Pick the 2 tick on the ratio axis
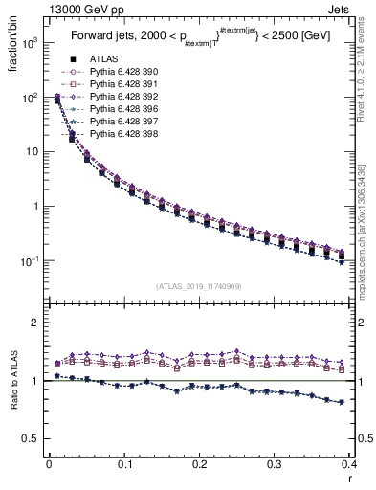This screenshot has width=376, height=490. tap(36, 323)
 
